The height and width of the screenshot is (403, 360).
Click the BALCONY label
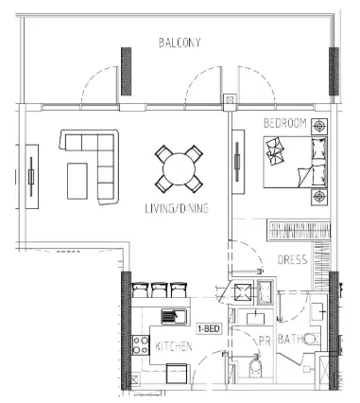coord(180,43)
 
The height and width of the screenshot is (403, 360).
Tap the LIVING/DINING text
coord(177,208)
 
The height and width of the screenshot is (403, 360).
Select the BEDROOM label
coord(285,123)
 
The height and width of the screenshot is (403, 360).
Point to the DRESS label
coord(292,259)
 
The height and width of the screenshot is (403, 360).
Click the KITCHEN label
coord(174,346)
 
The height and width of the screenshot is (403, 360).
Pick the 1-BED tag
coord(209,329)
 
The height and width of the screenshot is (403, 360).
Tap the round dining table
coord(179,168)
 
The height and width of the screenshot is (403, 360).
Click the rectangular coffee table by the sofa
coord(77,181)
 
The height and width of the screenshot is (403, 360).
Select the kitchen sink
coord(174,316)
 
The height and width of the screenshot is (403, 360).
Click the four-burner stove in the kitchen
coord(140,345)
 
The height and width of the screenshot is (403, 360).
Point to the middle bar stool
coord(159,289)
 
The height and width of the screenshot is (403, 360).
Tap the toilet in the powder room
coord(255,368)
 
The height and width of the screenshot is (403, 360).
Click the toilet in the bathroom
coord(311,339)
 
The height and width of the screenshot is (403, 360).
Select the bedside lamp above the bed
coord(319,127)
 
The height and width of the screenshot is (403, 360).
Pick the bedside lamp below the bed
coord(319,197)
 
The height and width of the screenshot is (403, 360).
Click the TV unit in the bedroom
coord(238,162)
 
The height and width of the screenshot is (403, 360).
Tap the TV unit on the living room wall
coord(31,177)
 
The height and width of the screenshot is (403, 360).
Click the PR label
coord(265,341)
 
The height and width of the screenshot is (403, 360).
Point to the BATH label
coord(290,340)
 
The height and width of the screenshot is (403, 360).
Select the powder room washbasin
coord(255,318)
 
